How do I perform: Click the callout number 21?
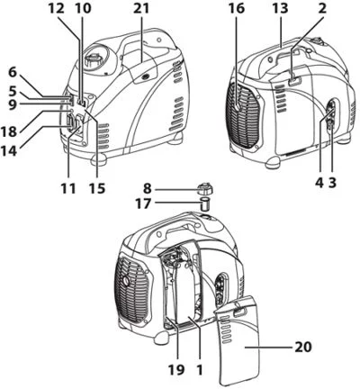[141, 9]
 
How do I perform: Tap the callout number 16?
[237, 9]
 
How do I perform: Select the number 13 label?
[280, 9]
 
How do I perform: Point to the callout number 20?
[303, 348]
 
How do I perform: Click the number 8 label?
[147, 189]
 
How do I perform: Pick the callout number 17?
[142, 204]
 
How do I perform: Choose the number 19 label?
[176, 370]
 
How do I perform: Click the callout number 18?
[8, 131]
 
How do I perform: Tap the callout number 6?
[12, 72]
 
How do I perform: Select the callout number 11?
[67, 188]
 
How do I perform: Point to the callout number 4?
[319, 182]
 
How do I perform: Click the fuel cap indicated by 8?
[206, 190]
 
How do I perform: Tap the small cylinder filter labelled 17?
[205, 204]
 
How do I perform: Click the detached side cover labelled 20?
[236, 339]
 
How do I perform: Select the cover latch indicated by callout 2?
[294, 82]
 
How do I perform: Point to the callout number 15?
[97, 188]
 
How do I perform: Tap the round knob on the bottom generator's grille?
[125, 281]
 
